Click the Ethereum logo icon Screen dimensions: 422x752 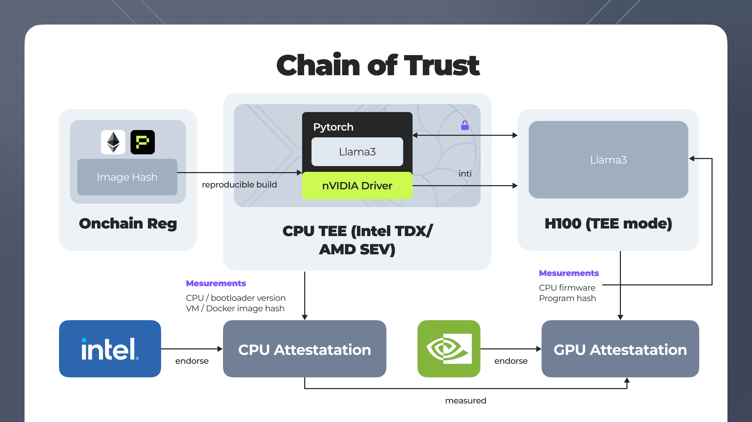113,142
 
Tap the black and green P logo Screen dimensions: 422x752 143,142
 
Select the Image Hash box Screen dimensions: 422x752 127,177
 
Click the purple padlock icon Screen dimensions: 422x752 465,125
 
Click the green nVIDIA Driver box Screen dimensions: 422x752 357,186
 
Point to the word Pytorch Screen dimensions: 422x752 333,127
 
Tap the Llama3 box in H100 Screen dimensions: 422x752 608,160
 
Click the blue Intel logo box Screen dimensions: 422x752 110,349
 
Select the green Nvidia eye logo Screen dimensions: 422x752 449,349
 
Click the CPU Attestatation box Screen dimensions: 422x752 304,349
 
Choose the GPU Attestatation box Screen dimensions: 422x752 620,349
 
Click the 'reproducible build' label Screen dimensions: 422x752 239,185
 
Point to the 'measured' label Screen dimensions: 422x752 466,400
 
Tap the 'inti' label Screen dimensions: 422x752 465,174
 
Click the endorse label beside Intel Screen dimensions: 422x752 192,361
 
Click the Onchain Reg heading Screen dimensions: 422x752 128,224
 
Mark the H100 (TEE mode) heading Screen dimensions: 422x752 608,224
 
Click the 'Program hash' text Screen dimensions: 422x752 567,298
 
